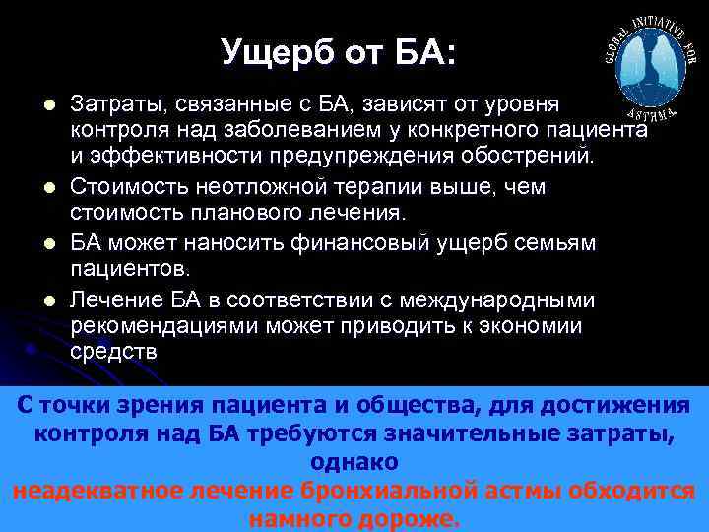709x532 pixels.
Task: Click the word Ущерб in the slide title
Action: [x=271, y=51]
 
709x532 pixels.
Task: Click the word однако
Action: [x=354, y=462]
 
